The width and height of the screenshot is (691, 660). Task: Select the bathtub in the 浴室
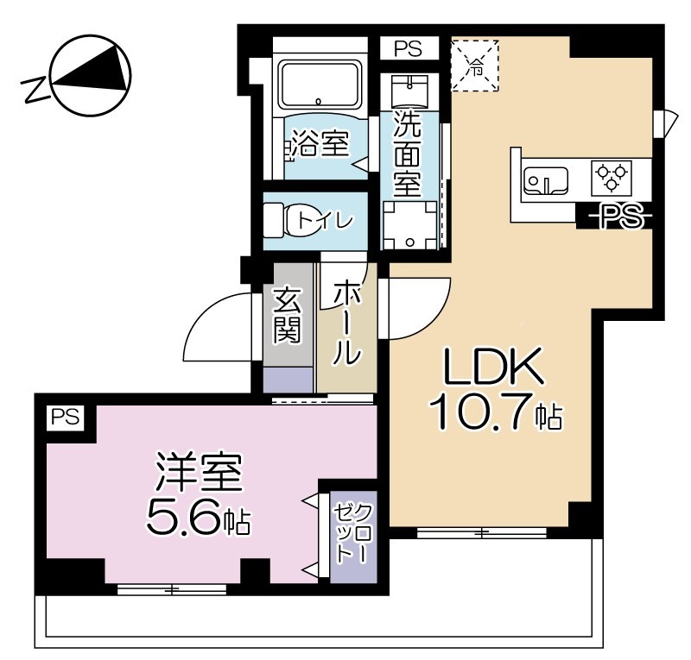(x=320, y=86)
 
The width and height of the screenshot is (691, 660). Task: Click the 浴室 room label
(x=320, y=144)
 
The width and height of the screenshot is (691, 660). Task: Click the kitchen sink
(x=545, y=181)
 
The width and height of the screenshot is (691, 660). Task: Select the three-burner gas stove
(x=611, y=178)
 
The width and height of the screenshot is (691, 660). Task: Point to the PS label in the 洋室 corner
(x=64, y=418)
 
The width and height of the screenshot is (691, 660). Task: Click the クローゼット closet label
(x=352, y=534)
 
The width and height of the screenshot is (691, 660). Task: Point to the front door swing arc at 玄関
(x=216, y=324)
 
